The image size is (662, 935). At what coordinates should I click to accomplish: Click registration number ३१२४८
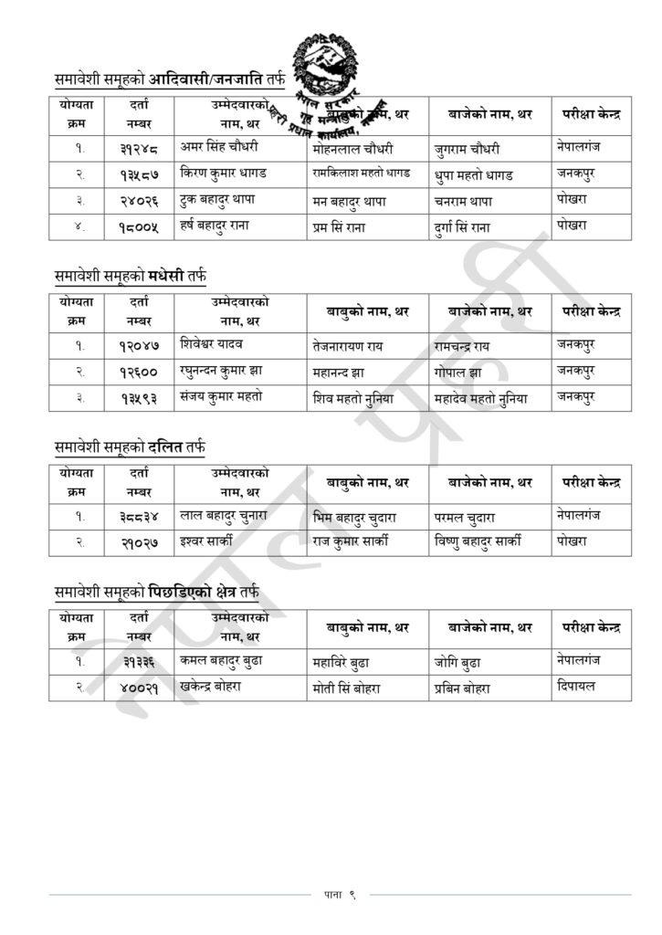(139, 148)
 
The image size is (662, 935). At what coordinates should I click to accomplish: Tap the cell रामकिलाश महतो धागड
(361, 173)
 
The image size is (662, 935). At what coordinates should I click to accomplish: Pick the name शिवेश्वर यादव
(212, 343)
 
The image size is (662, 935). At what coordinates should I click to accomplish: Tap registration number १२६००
(139, 372)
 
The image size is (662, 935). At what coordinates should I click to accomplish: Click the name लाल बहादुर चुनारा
(224, 515)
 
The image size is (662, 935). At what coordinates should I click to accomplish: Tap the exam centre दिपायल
(575, 686)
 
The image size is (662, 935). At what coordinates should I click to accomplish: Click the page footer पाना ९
(339, 894)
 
